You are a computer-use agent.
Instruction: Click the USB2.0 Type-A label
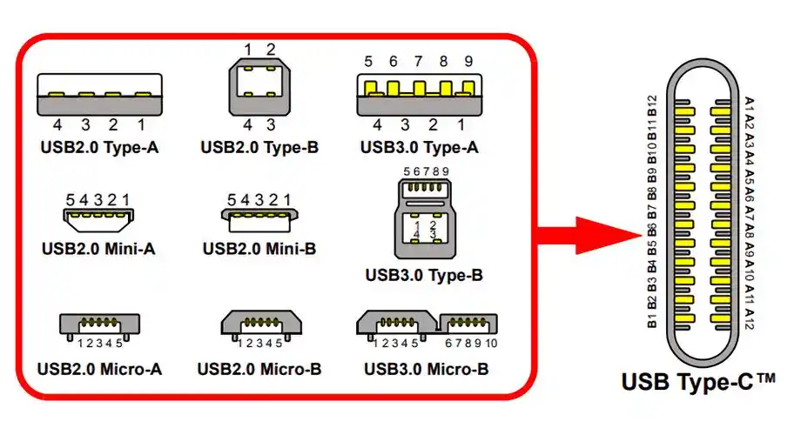click(99, 146)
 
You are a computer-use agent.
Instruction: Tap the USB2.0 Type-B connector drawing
click(259, 88)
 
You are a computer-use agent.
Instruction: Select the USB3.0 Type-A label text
click(420, 146)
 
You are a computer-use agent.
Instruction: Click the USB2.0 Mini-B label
click(259, 249)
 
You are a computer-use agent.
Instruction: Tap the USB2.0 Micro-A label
click(99, 368)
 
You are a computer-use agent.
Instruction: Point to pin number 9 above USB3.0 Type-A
click(468, 62)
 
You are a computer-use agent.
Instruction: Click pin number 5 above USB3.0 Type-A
click(368, 62)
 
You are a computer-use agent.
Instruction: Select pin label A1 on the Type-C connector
click(749, 106)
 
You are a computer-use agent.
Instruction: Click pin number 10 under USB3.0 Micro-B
click(490, 345)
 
